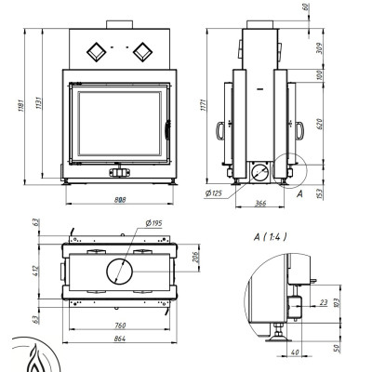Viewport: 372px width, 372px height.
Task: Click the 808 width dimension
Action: pyautogui.click(x=120, y=200)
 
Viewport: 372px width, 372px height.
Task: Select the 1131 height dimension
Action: pyautogui.click(x=39, y=103)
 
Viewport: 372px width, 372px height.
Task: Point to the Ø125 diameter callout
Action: pyautogui.click(x=214, y=193)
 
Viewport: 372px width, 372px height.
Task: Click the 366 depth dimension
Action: pyautogui.click(x=260, y=204)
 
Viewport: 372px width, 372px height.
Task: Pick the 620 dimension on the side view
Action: pyautogui.click(x=320, y=124)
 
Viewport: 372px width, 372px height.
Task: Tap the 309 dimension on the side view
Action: pyautogui.click(x=319, y=48)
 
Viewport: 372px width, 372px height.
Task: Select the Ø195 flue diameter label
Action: pyautogui.click(x=153, y=223)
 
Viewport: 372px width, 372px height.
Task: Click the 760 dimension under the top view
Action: pyautogui.click(x=120, y=325)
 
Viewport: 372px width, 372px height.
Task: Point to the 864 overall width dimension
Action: pyautogui.click(x=120, y=339)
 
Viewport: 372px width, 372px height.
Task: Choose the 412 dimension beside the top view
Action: pyautogui.click(x=36, y=272)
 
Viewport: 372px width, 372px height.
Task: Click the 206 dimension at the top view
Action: pyautogui.click(x=195, y=257)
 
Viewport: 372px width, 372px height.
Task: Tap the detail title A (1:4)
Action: pyautogui.click(x=270, y=237)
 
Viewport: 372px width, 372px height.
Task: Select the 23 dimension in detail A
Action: pyautogui.click(x=324, y=302)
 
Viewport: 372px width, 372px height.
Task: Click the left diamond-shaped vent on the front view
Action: pyautogui.click(x=97, y=52)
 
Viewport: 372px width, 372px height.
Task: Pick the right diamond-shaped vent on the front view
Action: pyautogui.click(x=142, y=52)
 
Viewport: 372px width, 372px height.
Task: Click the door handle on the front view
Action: pyautogui.click(x=167, y=130)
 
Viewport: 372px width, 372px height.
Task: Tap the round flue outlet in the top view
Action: pyautogui.click(x=120, y=272)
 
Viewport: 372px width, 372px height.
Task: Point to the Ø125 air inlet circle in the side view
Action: pyautogui.click(x=259, y=173)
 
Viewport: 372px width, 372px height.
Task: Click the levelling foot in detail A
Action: pyautogui.click(x=279, y=333)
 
